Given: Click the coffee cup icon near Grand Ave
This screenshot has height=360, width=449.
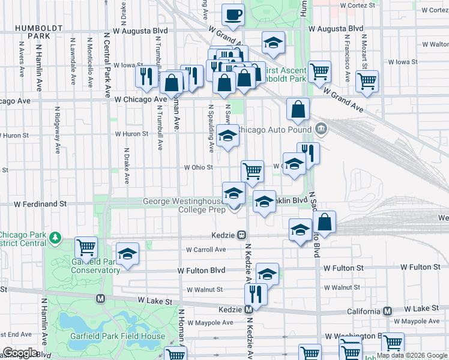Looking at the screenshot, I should tap(233, 14).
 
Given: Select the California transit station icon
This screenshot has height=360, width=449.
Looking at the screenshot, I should tap(388, 311).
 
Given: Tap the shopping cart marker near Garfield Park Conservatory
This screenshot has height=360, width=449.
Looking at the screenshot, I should tap(86, 247).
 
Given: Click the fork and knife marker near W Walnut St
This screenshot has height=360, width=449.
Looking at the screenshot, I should tap(256, 295).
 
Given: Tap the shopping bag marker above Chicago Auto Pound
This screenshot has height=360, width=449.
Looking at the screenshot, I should tap(298, 110).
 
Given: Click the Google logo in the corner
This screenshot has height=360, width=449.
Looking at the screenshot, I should tap(20, 352).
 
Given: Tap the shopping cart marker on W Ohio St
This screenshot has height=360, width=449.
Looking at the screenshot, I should tap(253, 171).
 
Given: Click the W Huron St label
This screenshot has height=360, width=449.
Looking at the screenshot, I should tap(132, 134).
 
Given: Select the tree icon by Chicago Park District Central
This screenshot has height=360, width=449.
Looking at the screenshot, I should tap(55, 238).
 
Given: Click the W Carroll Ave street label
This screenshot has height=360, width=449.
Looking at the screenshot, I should tap(206, 250).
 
